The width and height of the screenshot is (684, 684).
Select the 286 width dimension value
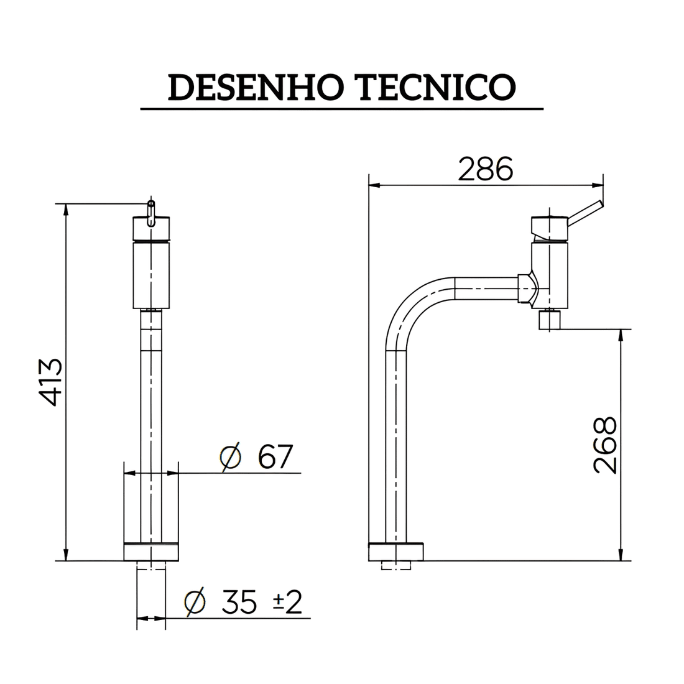click(x=486, y=169)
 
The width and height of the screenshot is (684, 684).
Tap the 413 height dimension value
click(x=48, y=382)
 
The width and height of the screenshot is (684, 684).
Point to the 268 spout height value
click(x=605, y=445)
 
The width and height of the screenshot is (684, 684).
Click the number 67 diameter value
click(x=275, y=458)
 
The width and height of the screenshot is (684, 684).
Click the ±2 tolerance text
click(x=287, y=601)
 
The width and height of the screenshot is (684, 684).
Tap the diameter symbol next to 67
click(x=231, y=458)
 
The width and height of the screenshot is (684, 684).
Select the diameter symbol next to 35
click(x=195, y=602)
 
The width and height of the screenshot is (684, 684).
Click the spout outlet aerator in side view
click(x=550, y=321)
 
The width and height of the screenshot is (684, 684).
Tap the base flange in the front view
click(x=151, y=552)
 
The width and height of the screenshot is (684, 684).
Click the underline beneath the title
click(x=341, y=109)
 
